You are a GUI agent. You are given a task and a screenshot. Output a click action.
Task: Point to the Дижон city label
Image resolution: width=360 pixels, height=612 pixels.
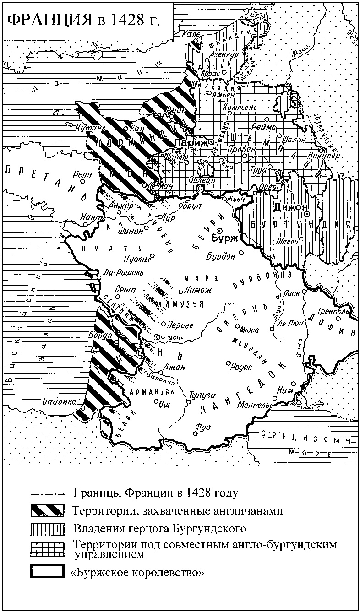tap(289, 208)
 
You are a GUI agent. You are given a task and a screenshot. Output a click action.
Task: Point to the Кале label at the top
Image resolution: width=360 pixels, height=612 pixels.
tap(189, 34)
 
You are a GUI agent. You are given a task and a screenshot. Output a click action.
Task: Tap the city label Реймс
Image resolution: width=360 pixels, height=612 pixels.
tap(262, 127)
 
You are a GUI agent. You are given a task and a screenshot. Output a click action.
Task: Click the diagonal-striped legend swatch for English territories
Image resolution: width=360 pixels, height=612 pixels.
tap(47, 510)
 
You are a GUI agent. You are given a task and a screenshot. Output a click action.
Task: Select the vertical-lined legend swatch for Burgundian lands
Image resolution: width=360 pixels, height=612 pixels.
tap(47, 529)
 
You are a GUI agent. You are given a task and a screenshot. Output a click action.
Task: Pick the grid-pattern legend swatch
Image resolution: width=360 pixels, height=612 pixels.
tap(47, 548)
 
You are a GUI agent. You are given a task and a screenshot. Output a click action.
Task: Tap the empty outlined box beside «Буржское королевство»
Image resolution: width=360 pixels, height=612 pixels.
tap(47, 572)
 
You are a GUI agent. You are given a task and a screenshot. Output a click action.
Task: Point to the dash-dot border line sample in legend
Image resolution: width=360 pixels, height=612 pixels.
tap(47, 494)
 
